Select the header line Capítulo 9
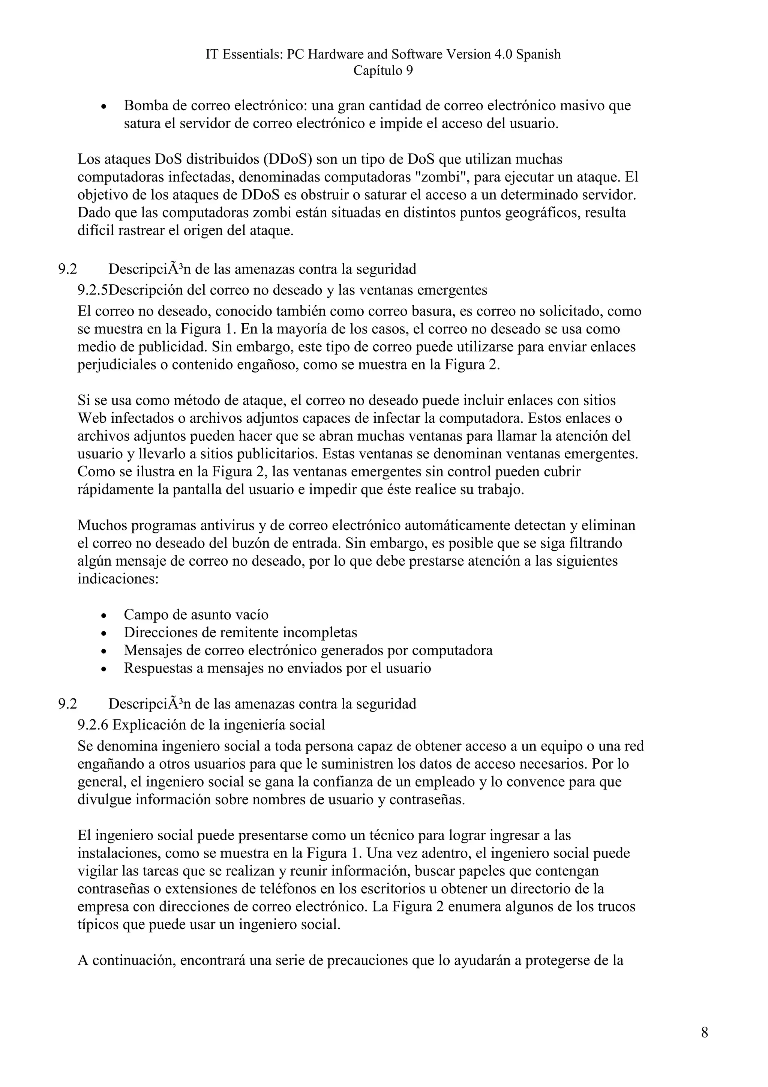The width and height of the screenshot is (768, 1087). point(383,71)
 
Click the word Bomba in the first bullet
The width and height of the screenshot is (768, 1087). point(144,105)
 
